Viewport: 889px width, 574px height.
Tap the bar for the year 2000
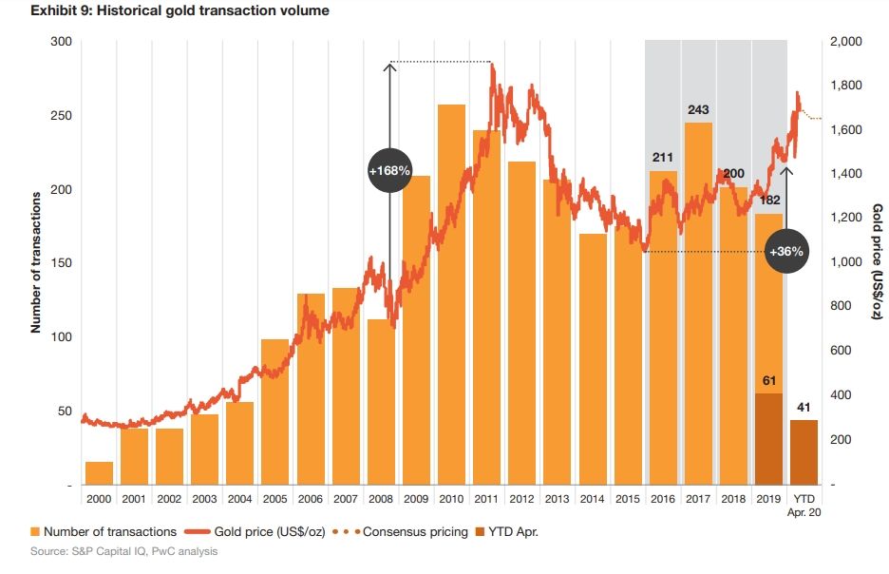point(99,472)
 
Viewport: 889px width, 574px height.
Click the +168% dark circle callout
point(389,171)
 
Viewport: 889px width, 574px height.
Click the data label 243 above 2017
point(698,110)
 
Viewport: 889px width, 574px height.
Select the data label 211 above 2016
point(663,158)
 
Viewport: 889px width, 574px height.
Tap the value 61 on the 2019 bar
point(769,380)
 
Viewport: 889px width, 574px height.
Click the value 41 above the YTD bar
point(804,407)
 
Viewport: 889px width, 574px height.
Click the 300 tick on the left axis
point(60,42)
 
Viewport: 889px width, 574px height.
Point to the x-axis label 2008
point(380,498)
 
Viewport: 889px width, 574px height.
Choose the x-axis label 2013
point(557,498)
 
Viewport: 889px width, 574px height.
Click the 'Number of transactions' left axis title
point(35,262)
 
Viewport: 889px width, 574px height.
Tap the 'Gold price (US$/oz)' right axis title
point(877,262)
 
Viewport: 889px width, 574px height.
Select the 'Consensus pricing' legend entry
point(408,531)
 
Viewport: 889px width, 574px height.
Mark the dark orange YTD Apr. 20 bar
point(804,451)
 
